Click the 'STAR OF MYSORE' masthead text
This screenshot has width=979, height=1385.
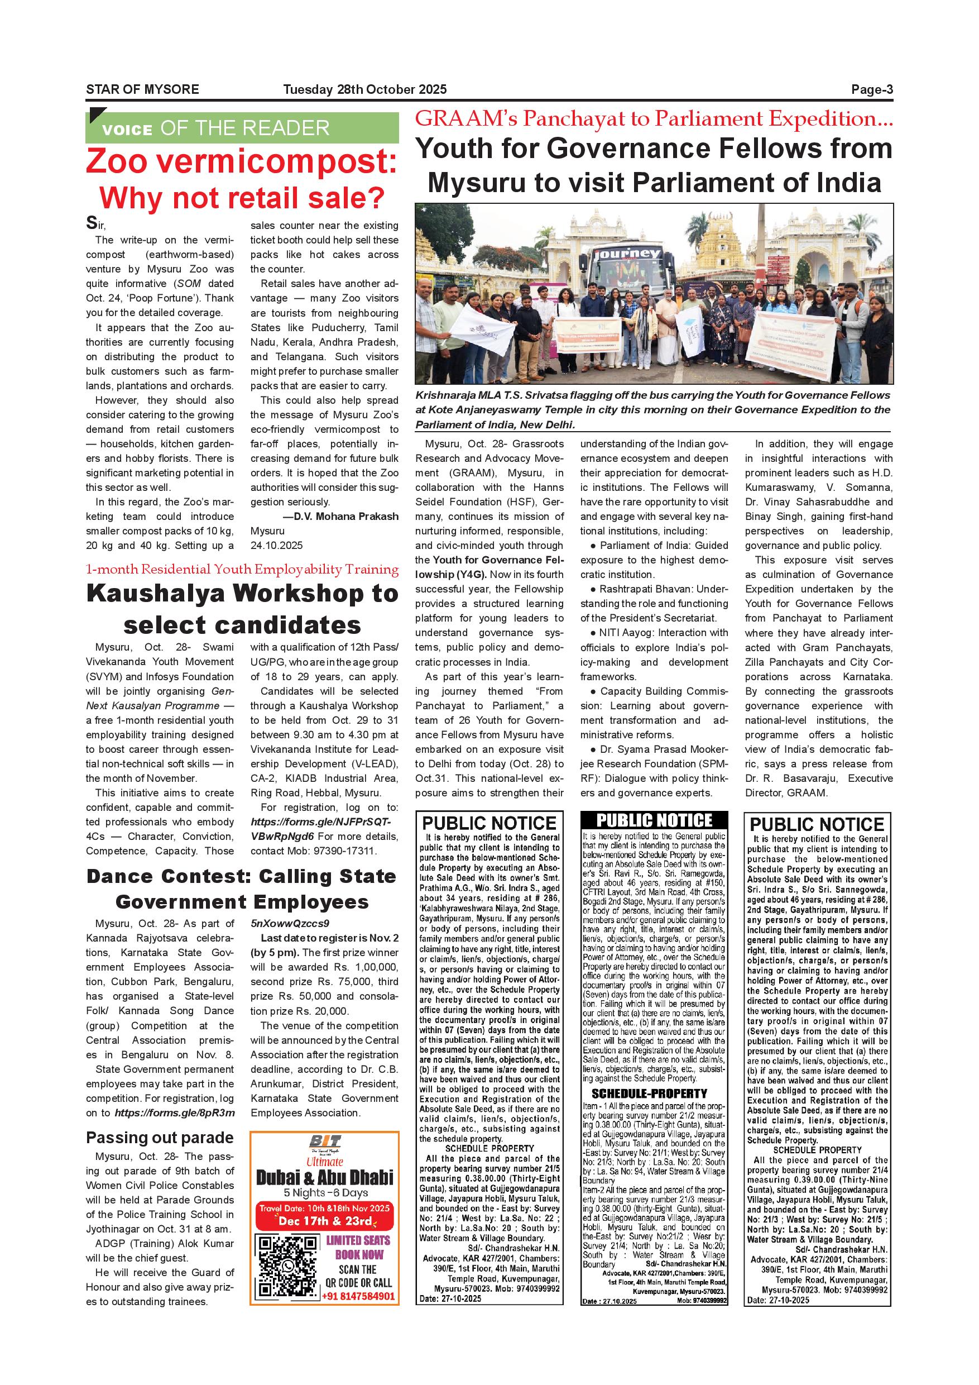click(142, 89)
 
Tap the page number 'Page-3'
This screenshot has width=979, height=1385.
click(871, 89)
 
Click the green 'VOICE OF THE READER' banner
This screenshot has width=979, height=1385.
click(242, 128)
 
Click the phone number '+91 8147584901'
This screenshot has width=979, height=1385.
click(359, 1296)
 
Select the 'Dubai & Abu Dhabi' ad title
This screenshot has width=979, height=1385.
click(324, 1176)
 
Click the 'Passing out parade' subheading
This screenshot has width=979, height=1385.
click(160, 1138)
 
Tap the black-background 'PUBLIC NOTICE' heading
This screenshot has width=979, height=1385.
click(654, 820)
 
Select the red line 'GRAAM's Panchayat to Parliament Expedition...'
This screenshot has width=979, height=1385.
click(654, 118)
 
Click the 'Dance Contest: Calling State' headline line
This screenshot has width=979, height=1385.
click(242, 876)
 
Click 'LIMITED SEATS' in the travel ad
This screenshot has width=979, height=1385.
click(358, 1240)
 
